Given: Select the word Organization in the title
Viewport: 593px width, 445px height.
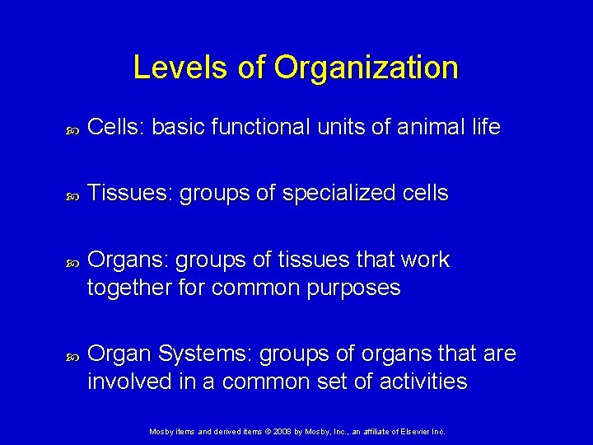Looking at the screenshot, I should pos(367,68).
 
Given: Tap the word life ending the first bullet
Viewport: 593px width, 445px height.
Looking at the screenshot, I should pos(485,128).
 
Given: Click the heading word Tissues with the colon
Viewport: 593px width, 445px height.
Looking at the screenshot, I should pos(130,194).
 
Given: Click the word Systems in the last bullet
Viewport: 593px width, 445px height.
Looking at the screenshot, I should pos(205,354).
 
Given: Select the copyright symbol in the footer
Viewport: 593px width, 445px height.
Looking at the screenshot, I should pos(268,431).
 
